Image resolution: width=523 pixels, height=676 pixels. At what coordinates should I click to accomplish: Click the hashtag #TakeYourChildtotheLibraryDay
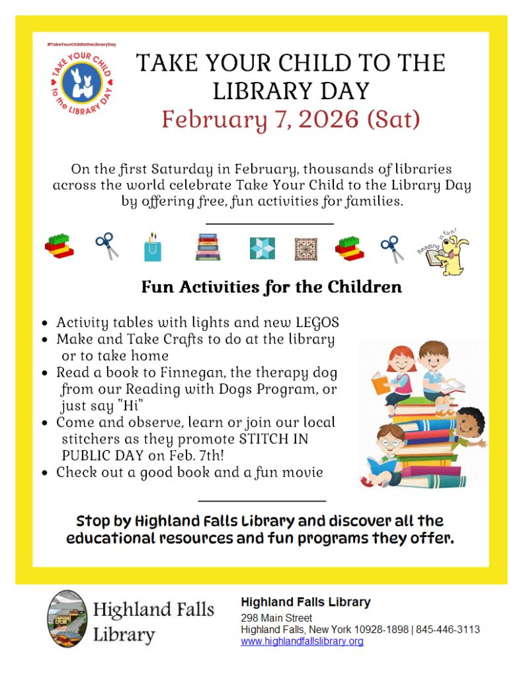81,44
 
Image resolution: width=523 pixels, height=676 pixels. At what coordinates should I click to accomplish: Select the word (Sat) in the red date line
394,120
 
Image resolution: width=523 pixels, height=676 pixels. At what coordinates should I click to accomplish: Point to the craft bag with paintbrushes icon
153,246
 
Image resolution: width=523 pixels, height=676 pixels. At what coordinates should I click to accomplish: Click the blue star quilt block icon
262,248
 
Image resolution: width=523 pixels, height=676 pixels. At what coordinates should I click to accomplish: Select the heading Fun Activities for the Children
271,287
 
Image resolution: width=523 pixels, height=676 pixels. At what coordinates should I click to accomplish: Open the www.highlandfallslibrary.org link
302,641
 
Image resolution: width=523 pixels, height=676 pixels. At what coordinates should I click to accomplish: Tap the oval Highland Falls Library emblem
67,619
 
